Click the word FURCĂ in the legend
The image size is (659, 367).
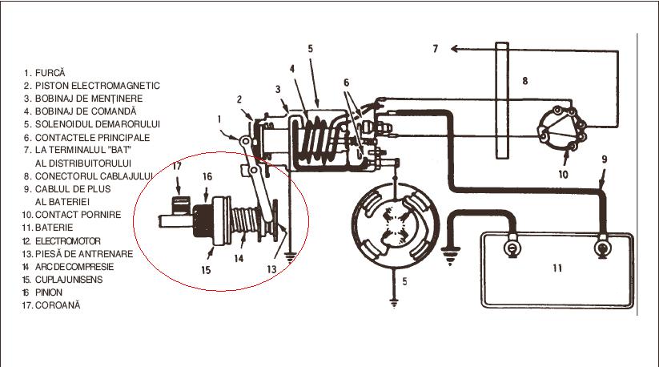click(x=50, y=73)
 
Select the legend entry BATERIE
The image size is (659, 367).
click(x=54, y=228)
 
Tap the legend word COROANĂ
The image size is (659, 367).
click(x=58, y=305)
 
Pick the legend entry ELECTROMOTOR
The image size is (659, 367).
click(x=68, y=241)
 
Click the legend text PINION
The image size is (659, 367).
click(x=49, y=292)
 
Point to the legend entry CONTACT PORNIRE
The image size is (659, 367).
click(x=78, y=215)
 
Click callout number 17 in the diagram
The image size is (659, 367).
click(x=177, y=166)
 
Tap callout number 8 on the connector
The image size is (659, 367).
click(x=525, y=81)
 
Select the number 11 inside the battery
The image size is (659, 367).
click(x=557, y=268)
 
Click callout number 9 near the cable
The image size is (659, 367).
click(x=605, y=159)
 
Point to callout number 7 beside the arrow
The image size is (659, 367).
click(x=436, y=49)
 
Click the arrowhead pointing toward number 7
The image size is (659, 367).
click(x=454, y=49)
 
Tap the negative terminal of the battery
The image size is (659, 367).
click(x=512, y=248)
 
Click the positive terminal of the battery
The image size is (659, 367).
click(x=602, y=248)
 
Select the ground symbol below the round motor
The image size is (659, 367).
click(x=394, y=302)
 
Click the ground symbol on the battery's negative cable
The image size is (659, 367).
click(x=450, y=256)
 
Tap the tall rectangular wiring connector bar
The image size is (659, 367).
click(x=502, y=100)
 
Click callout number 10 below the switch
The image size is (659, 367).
click(x=563, y=175)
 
